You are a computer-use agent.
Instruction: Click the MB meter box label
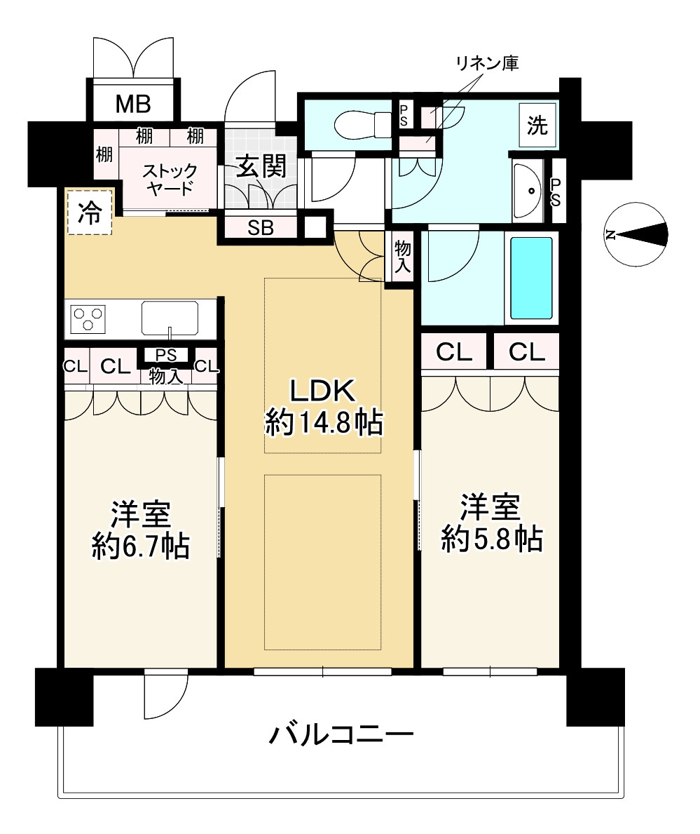tap(132, 105)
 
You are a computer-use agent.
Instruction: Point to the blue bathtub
tap(531, 278)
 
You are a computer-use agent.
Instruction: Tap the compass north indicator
tap(638, 235)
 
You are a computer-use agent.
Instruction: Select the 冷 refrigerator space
tap(89, 213)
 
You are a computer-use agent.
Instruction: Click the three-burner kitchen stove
tap(88, 318)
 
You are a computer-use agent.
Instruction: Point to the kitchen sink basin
tap(170, 318)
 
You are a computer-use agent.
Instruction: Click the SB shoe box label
tap(261, 227)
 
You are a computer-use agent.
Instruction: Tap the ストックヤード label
tap(170, 180)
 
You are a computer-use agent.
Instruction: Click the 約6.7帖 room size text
tap(141, 546)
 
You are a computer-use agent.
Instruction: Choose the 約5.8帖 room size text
tap(491, 538)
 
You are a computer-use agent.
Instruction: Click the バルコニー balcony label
tap(341, 735)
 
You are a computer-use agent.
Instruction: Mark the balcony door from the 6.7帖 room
tap(166, 694)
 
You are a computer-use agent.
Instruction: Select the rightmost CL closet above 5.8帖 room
tap(527, 352)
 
